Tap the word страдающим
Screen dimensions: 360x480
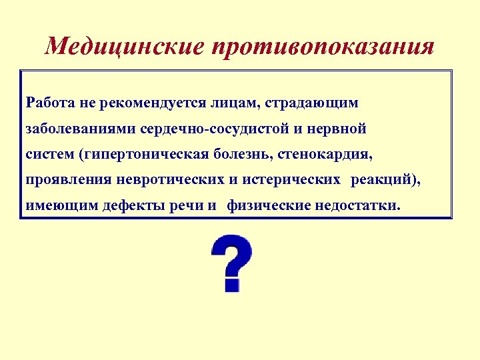coord(312,103)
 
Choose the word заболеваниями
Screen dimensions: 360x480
coord(75,129)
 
